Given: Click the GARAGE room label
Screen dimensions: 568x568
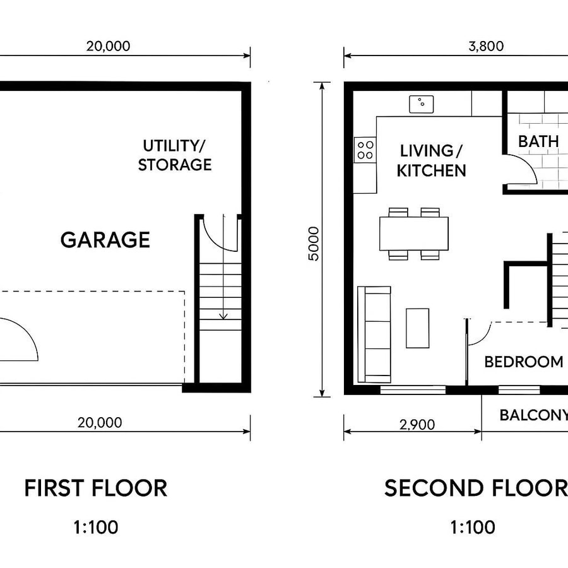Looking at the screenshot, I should (105, 240).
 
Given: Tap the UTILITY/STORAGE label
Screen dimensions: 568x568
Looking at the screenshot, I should (175, 155).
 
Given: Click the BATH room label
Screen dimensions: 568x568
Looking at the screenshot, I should (538, 141).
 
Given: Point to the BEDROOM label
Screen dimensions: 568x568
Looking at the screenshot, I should (523, 362).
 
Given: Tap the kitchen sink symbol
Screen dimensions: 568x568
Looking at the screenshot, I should (420, 104).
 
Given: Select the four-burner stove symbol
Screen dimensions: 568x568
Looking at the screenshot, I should (365, 150).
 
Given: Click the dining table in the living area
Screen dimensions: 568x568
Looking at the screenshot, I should (414, 234).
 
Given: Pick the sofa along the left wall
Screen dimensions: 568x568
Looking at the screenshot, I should (374, 334).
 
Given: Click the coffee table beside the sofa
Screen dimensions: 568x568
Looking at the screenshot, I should (417, 328).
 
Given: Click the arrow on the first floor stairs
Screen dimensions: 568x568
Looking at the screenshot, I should (223, 309).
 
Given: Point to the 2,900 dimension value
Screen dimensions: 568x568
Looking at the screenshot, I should (418, 425).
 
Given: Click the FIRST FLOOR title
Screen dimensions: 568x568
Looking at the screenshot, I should (96, 488).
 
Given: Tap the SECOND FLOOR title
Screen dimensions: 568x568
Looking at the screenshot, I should (476, 488).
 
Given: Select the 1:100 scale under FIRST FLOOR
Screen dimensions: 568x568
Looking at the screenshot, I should (96, 527).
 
